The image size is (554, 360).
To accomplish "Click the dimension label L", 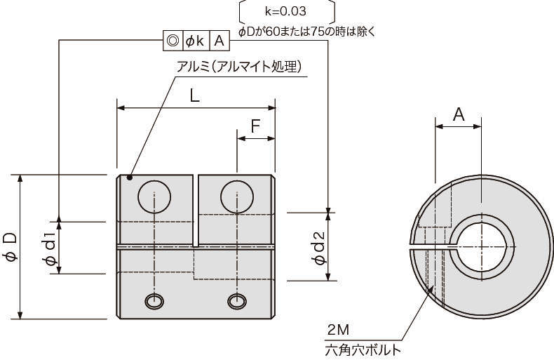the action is [195, 95].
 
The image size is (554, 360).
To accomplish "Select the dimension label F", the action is [255, 126].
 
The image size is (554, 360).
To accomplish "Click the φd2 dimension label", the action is [319, 248].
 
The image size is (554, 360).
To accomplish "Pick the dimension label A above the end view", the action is [459, 114].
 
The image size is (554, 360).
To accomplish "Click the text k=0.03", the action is [285, 11].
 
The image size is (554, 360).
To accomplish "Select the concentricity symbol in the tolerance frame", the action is [173, 41].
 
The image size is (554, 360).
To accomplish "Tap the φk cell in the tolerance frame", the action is [195, 41].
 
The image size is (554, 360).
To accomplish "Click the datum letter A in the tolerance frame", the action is [219, 41].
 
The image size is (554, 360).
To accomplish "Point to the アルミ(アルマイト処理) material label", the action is [240, 66].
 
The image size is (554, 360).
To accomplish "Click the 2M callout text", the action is [338, 330].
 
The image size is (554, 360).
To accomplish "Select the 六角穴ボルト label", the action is [363, 350].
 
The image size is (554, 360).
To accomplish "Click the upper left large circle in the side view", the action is [154, 196].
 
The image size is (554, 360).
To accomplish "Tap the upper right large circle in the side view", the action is [237, 196].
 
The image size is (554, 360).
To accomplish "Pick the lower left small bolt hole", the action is [154, 301].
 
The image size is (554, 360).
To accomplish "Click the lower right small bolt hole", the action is [237, 301].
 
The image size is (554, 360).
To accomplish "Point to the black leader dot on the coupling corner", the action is [129, 177].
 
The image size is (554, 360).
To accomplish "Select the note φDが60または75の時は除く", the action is [306, 32].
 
